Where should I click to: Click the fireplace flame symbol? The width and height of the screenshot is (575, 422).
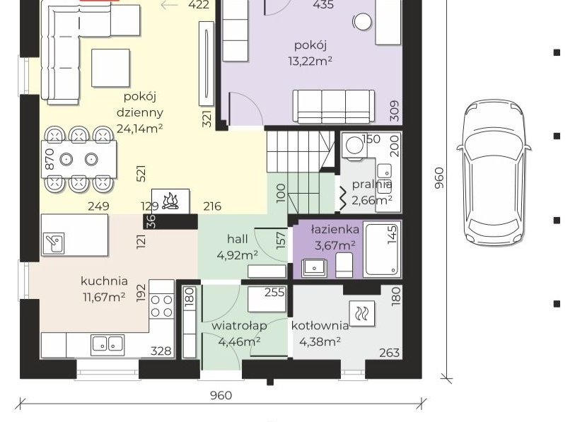[170, 201]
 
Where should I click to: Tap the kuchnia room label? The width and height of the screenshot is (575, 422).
[104, 281]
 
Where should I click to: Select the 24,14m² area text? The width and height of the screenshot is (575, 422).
[140, 129]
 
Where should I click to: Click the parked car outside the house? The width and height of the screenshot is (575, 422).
[494, 172]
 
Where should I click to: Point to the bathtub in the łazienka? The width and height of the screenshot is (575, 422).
[382, 249]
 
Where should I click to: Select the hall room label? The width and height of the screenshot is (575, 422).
[237, 239]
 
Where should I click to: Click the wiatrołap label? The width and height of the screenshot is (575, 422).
[239, 326]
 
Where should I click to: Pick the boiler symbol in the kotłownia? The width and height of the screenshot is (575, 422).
[362, 313]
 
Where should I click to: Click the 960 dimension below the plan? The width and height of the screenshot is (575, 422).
[221, 396]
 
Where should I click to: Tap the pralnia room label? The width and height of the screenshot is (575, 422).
[372, 184]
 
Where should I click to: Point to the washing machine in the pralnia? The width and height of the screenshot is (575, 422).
[354, 146]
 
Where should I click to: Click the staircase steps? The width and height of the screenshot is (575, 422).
[301, 172]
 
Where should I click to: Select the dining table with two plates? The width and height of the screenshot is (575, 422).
[79, 160]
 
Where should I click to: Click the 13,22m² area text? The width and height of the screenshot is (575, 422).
[310, 61]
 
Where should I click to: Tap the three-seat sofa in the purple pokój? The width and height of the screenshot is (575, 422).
[334, 106]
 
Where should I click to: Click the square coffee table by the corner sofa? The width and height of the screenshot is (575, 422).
[110, 68]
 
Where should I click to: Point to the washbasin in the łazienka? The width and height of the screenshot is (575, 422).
[314, 268]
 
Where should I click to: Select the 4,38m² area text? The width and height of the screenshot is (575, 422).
[320, 341]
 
